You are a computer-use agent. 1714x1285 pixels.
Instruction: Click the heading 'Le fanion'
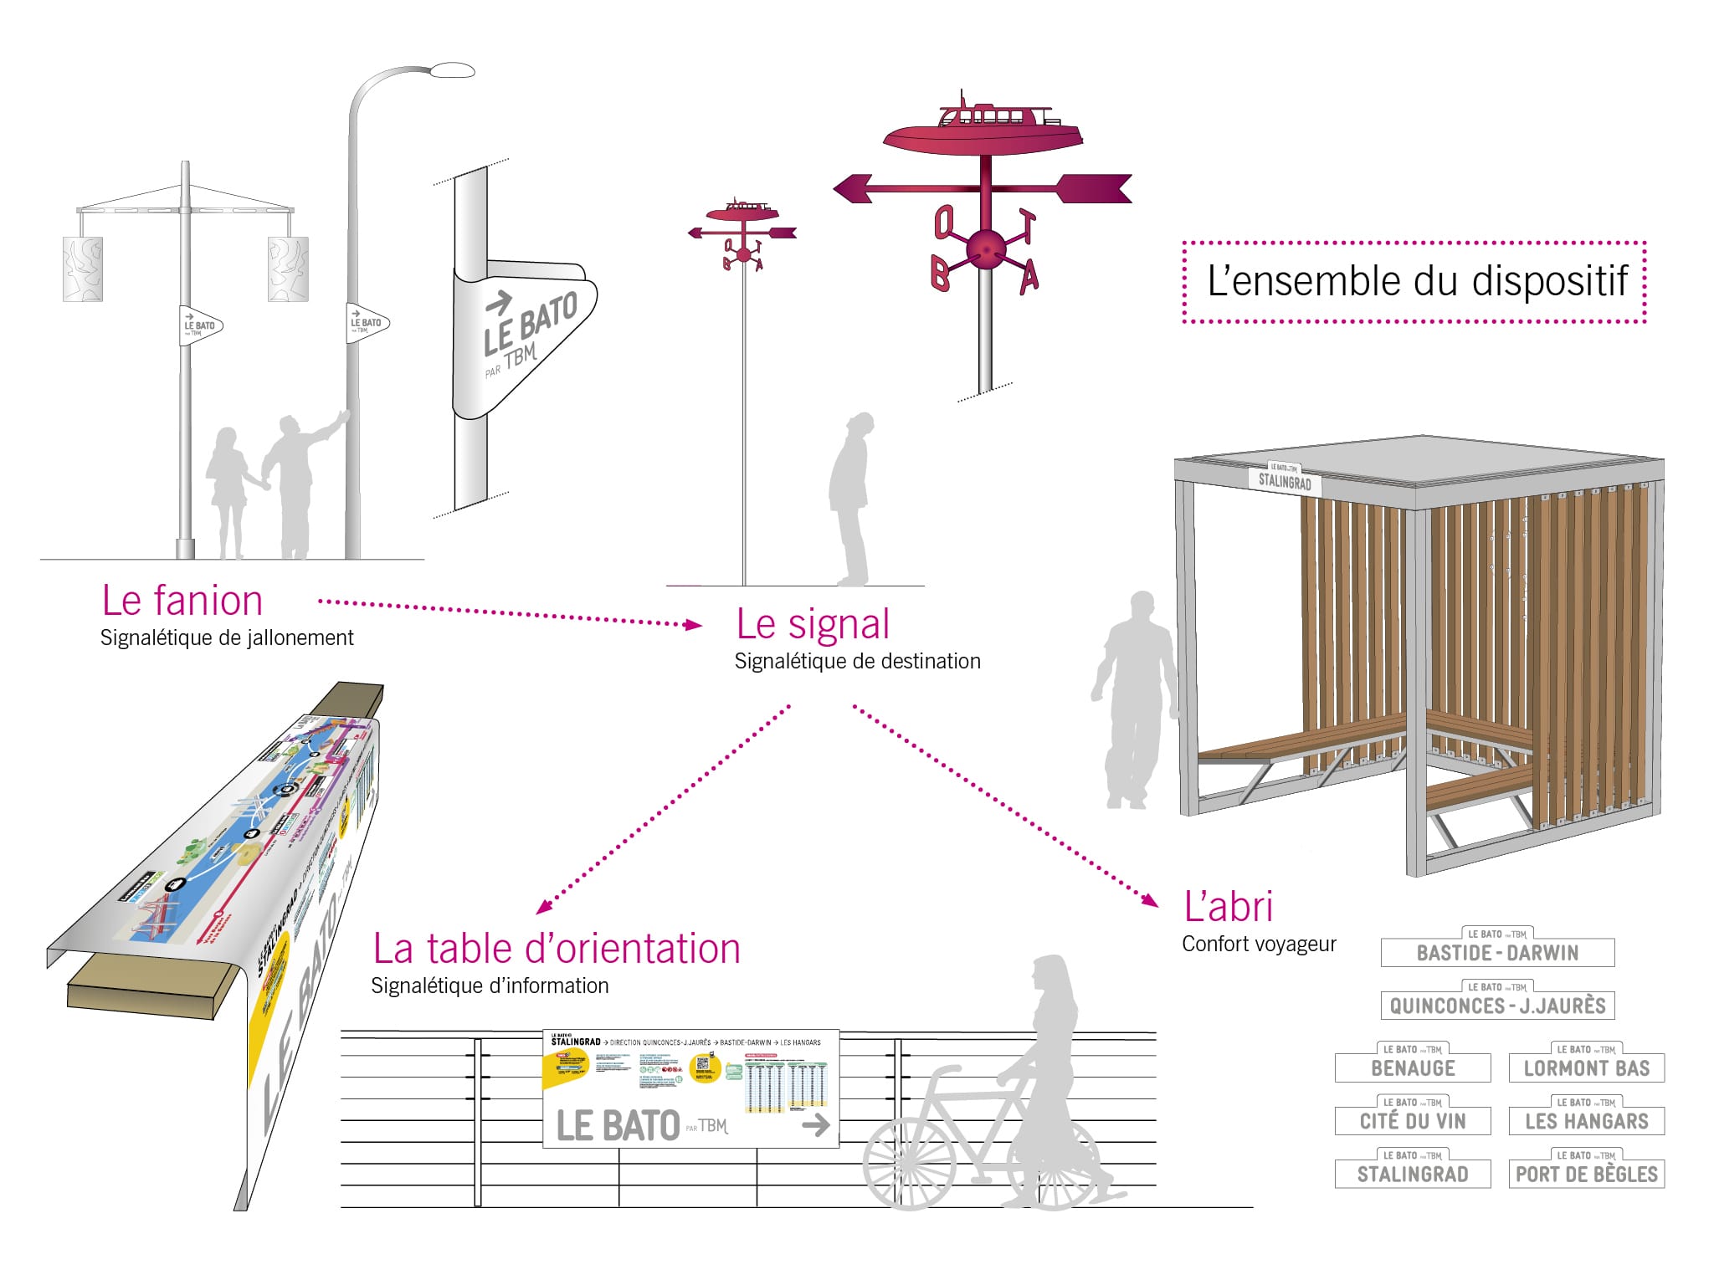click(x=182, y=601)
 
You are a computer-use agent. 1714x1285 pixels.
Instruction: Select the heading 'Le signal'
click(x=813, y=624)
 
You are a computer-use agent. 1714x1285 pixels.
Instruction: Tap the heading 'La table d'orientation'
click(x=557, y=949)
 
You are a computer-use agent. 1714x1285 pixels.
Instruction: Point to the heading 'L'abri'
click(x=1228, y=906)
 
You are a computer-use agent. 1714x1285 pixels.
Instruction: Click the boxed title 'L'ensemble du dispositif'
click(x=1416, y=281)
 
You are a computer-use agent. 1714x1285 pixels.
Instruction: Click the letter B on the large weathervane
click(x=941, y=274)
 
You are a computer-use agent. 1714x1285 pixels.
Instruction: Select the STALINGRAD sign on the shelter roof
click(x=1285, y=481)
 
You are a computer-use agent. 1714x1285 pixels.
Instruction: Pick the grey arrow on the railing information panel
click(x=816, y=1125)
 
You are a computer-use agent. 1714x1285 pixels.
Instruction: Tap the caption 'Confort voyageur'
click(x=1259, y=944)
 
